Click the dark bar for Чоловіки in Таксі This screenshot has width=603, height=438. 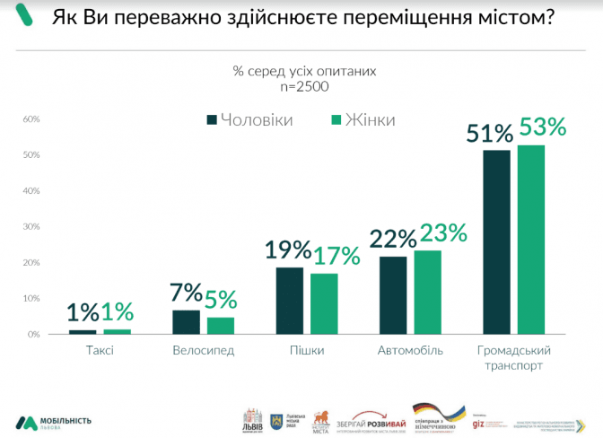click(x=83, y=331)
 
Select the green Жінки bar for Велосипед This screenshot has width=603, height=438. click(x=221, y=326)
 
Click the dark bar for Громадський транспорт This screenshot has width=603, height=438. click(x=496, y=242)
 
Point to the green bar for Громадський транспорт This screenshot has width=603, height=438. click(x=531, y=239)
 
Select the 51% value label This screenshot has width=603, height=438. click(x=490, y=134)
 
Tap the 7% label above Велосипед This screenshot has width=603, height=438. click(x=185, y=293)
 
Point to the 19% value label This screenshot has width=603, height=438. click(x=288, y=250)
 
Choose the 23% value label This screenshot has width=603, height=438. click(x=443, y=233)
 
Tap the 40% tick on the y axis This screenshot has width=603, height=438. click(x=32, y=191)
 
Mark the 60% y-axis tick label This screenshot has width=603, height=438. click(x=32, y=119)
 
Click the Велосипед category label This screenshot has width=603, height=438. click(x=203, y=350)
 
